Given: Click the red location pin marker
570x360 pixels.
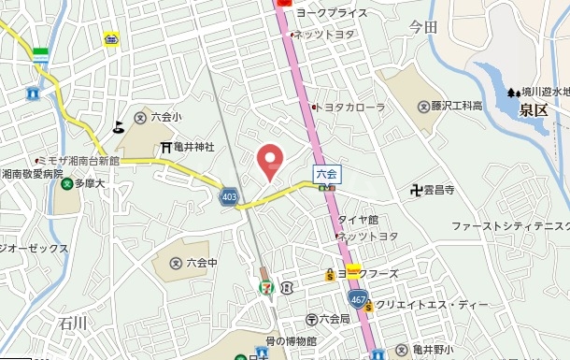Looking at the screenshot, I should click(x=269, y=161).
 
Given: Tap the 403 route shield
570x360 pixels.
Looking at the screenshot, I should click(x=229, y=196).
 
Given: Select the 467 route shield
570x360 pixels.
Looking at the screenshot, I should click(x=356, y=298).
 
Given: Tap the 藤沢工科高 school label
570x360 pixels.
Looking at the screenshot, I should click(x=449, y=107).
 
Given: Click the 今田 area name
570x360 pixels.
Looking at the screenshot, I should click(x=422, y=28).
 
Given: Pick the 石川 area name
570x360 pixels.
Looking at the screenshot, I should click(x=72, y=323).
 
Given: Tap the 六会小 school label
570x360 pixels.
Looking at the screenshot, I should click(x=158, y=118).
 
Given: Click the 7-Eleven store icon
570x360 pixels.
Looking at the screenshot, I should click(x=267, y=284).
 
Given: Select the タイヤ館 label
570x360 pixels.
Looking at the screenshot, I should click(x=357, y=220).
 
